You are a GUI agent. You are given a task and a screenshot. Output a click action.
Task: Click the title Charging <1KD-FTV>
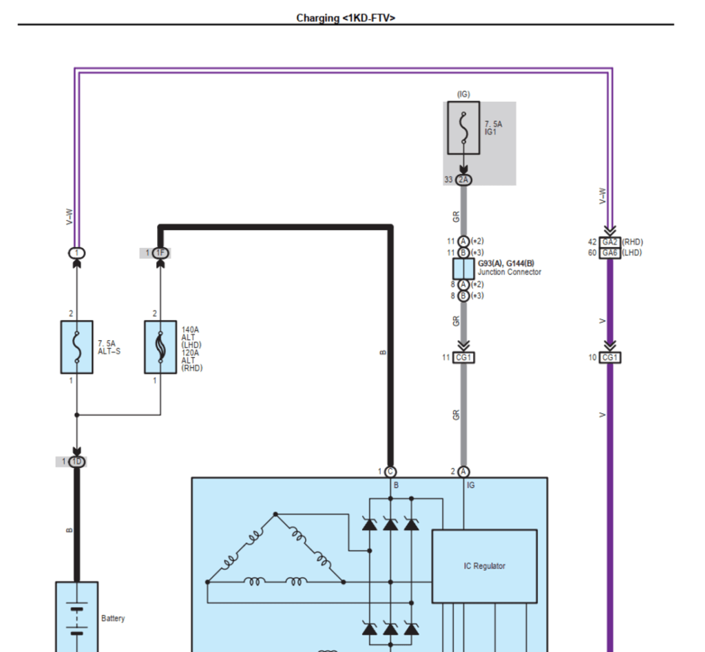346,18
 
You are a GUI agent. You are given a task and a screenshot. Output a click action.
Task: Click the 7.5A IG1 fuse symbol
463,128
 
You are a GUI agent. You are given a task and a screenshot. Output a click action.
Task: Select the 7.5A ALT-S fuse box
76,347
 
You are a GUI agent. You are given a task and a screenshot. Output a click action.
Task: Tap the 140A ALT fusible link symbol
160,347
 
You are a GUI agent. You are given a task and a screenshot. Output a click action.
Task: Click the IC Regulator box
484,566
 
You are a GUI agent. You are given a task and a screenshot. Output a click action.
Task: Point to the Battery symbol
76,617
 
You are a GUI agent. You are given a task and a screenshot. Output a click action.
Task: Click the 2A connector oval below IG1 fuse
463,180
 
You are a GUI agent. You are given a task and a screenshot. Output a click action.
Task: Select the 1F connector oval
160,253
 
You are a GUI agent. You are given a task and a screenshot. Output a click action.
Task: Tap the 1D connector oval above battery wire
76,462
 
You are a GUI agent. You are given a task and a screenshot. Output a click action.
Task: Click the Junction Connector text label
509,273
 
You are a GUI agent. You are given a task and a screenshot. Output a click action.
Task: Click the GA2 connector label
609,242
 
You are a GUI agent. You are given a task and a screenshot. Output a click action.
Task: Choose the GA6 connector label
609,253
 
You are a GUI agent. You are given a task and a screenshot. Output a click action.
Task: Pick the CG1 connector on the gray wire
463,357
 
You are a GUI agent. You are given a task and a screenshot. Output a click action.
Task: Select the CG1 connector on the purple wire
610,357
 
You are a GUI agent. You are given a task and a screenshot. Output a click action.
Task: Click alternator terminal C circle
390,472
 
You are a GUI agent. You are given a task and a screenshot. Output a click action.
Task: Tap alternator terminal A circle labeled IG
463,472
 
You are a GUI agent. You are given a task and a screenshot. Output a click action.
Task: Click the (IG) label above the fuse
463,94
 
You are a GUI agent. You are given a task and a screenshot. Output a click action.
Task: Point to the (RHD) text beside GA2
632,242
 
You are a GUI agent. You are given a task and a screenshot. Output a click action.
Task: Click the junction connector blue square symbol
463,269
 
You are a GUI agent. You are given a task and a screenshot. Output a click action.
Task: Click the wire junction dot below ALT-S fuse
76,414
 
